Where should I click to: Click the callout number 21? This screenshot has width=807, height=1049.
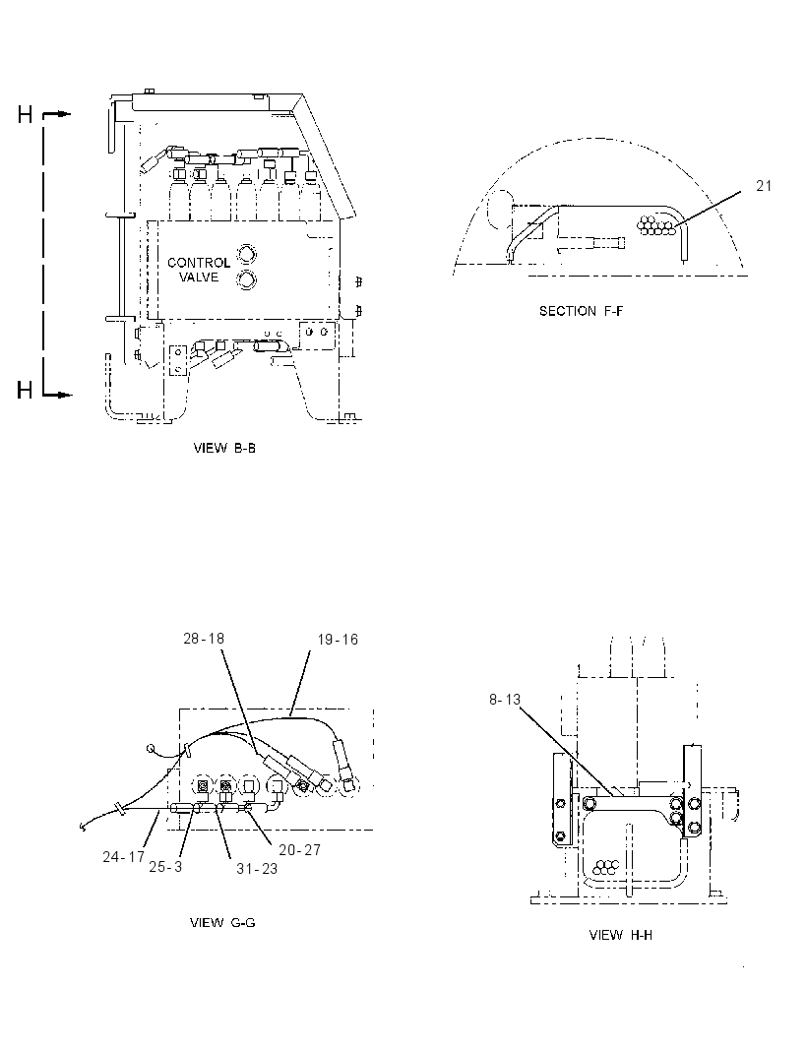coord(764,186)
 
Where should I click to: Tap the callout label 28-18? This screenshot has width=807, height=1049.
coord(204,639)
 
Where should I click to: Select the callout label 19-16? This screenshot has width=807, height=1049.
coord(338,640)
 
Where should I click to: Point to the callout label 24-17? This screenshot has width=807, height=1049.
coord(124,856)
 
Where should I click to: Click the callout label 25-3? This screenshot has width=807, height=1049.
coord(165,866)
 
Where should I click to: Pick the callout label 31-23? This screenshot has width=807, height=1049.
coord(256,868)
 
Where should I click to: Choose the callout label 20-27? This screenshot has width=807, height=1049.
coord(300,849)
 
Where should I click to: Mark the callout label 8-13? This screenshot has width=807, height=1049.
coord(505,699)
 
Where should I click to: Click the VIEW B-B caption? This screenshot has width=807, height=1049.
coord(224,448)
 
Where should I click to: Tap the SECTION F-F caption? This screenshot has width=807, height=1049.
coord(581,310)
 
